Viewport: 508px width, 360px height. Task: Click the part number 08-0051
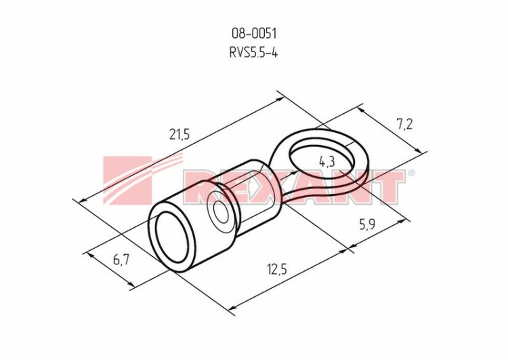254,33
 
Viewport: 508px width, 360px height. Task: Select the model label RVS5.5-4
254,52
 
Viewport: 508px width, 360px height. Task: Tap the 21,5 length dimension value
179,134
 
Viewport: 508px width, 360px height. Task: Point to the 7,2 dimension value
404,124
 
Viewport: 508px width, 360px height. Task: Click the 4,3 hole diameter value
326,161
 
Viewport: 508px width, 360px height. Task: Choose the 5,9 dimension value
367,224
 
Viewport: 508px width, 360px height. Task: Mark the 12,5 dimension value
277,269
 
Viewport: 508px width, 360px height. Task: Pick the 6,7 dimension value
121,259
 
